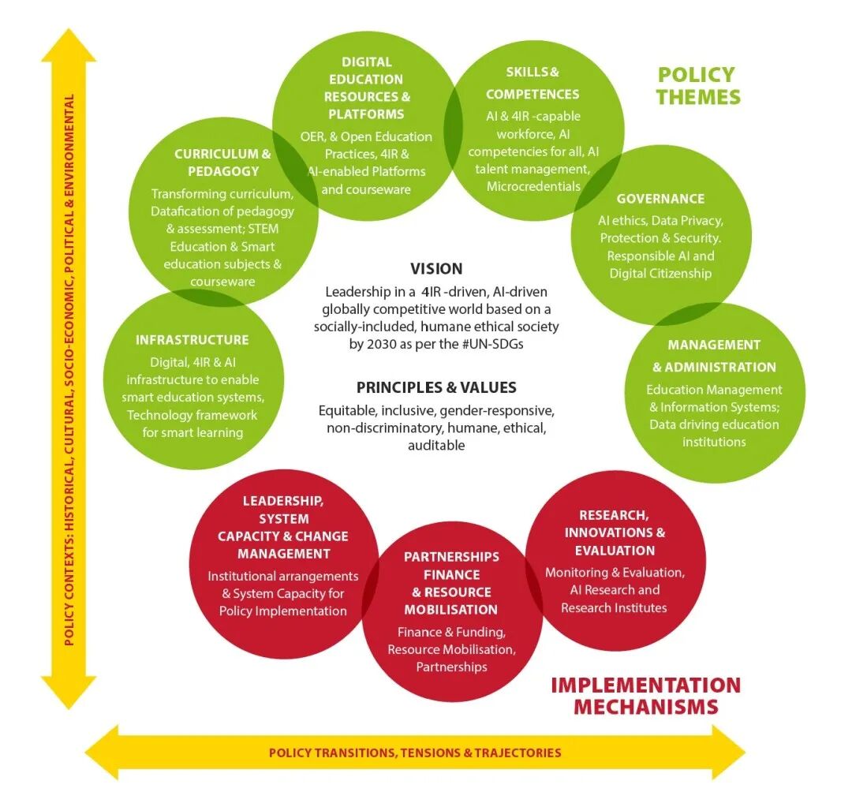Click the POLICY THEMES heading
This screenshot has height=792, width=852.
point(699,86)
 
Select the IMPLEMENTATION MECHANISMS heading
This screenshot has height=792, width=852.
point(646,695)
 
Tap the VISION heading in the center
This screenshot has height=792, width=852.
point(436,268)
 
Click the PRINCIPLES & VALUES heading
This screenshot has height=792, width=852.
point(436,387)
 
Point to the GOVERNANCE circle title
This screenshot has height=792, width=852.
point(660,199)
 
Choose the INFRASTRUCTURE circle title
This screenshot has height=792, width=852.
point(192,340)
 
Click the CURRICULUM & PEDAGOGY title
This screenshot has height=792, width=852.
point(222,163)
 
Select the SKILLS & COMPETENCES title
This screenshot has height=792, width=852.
point(532,83)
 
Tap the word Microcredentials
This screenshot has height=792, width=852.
point(533,186)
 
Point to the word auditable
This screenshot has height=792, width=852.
point(436,445)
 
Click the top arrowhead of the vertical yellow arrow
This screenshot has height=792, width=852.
point(69,47)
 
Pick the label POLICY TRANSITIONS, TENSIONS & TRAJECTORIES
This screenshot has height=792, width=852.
point(415,753)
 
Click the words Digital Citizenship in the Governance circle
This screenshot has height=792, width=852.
point(660,273)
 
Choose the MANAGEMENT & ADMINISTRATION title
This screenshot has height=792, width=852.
point(714,356)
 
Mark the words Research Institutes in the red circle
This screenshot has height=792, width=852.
point(614,607)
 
